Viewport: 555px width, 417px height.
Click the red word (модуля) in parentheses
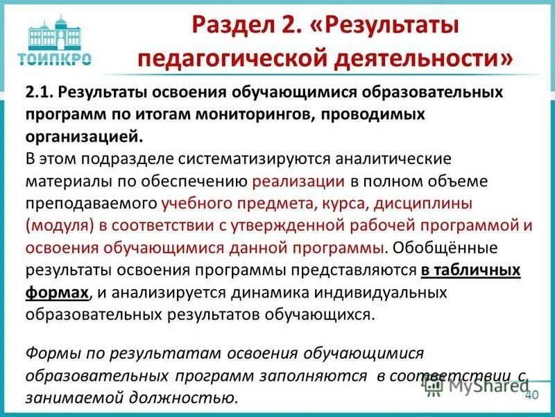pos(58,227)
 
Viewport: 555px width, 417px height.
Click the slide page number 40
pos(532,395)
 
